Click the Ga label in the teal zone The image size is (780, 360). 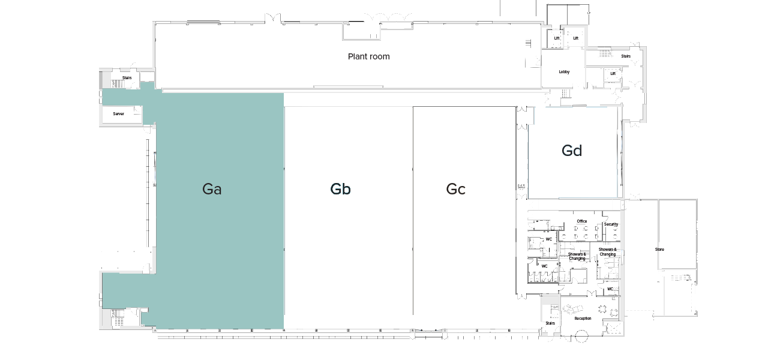212,189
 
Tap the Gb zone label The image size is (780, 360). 340,189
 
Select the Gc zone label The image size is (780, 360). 455,189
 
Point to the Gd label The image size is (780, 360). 572,151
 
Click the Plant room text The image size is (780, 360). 368,56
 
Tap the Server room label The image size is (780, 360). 119,113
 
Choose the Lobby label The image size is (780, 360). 564,72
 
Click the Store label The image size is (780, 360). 659,249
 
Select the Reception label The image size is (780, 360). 583,318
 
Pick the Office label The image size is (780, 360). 581,221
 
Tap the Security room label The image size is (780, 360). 611,224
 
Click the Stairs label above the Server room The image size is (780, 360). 127,77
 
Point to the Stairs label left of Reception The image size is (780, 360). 550,323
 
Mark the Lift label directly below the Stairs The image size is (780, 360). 613,74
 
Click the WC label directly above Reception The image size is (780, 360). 610,289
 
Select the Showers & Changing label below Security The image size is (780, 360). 607,251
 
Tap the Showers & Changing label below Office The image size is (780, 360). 577,256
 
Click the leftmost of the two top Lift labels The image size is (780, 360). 557,38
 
